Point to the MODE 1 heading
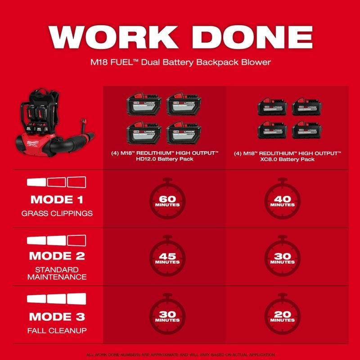[57, 199]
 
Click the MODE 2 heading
[57, 256]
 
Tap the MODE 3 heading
[57, 317]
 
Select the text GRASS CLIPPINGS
[57, 213]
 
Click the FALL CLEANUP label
[57, 331]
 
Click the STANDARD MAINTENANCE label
[57, 273]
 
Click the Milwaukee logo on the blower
[32, 143]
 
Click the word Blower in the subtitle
[256, 63]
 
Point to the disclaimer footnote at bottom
[180, 355]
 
